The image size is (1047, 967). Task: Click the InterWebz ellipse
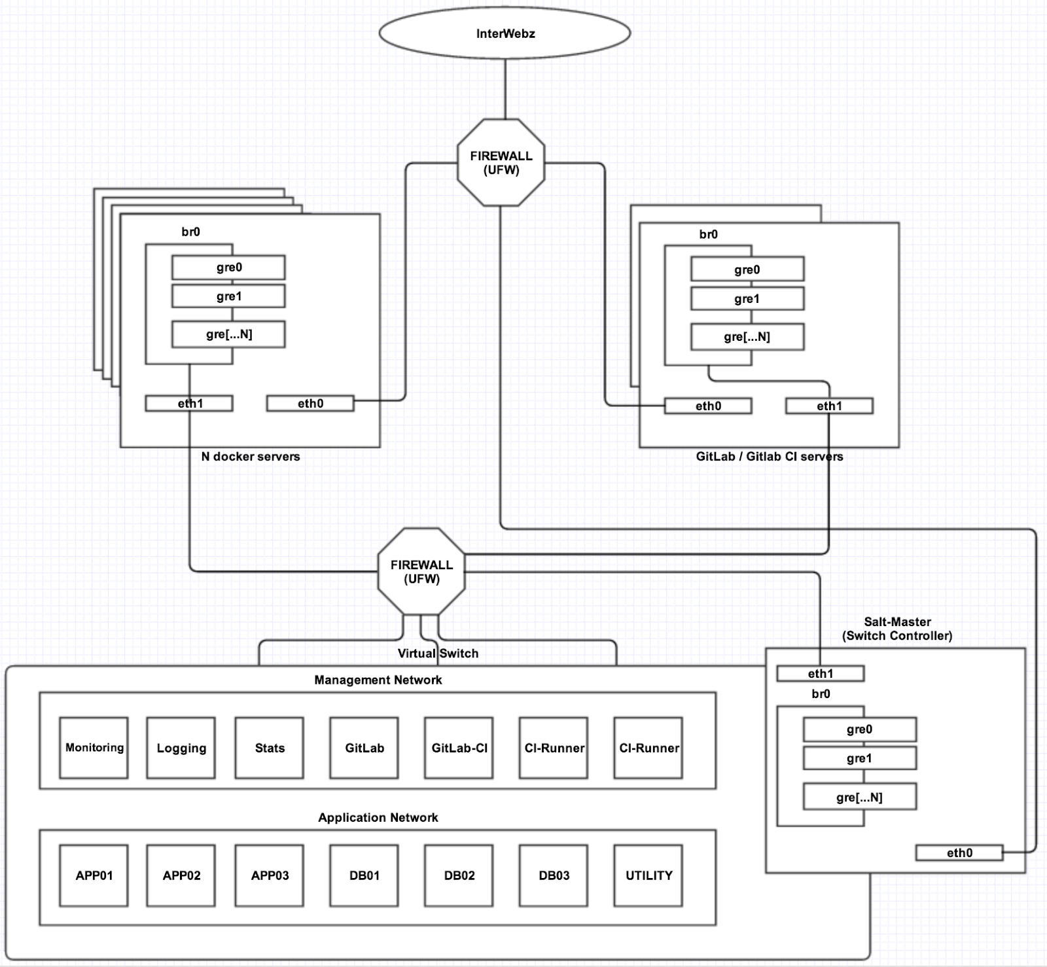tap(505, 33)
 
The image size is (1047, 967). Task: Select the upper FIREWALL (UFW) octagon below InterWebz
tap(501, 163)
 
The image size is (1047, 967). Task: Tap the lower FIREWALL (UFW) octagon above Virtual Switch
tap(421, 572)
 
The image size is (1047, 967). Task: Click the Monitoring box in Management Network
tap(94, 748)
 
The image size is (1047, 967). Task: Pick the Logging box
tap(181, 748)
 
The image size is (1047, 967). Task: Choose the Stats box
tap(270, 748)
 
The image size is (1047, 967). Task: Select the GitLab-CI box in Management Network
tap(459, 748)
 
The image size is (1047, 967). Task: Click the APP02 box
tap(181, 875)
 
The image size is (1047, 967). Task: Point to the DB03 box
tap(554, 875)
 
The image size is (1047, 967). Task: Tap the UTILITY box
tap(648, 875)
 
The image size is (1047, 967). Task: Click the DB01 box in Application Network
tap(364, 875)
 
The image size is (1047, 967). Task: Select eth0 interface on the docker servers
tap(310, 404)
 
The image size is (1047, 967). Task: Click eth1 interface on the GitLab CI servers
tap(829, 406)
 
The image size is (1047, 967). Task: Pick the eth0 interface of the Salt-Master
tap(959, 853)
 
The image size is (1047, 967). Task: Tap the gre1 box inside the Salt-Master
tap(859, 758)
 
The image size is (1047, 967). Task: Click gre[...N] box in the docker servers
tap(228, 334)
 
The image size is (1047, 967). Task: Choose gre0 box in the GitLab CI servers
tap(747, 270)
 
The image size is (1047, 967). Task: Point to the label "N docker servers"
tap(251, 457)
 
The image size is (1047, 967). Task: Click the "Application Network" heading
tap(378, 817)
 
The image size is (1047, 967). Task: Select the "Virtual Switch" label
tap(438, 653)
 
